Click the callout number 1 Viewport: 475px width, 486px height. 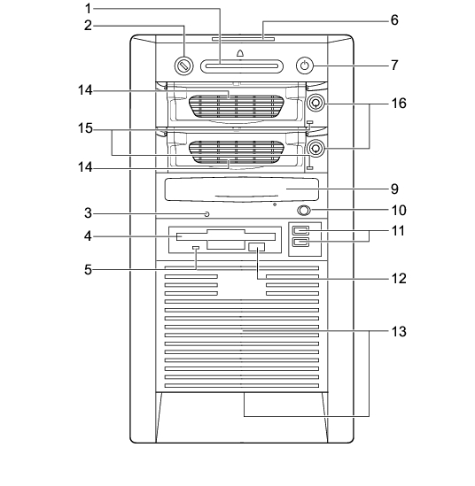[x=89, y=9]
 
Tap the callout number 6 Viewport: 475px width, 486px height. [x=394, y=20]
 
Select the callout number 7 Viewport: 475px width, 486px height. [x=394, y=66]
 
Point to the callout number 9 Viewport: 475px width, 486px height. [x=394, y=189]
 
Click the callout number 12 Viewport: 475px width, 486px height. [x=399, y=279]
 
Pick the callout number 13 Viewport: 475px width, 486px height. [x=399, y=331]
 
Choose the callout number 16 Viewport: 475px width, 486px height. [x=399, y=104]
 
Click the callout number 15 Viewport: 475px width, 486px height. [x=85, y=128]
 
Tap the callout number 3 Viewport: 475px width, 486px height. [x=89, y=213]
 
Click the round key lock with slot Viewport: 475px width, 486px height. [x=184, y=66]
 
